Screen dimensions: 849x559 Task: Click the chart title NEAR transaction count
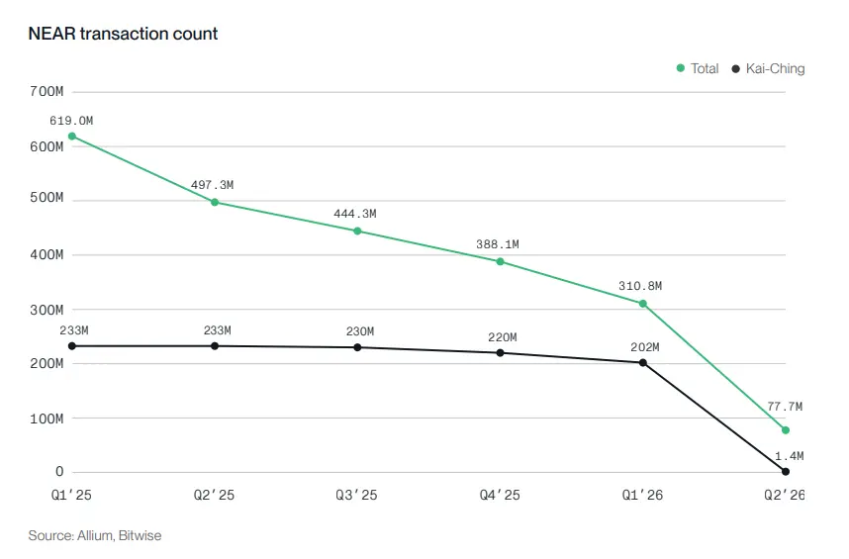click(x=123, y=34)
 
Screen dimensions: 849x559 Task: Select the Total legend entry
click(x=698, y=68)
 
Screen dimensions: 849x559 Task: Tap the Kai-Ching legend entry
click(x=768, y=68)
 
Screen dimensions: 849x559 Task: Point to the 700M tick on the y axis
click(x=47, y=91)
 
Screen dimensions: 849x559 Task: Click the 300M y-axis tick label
click(x=47, y=310)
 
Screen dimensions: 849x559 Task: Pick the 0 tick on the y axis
click(x=59, y=472)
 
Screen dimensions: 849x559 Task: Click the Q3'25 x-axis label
click(x=356, y=495)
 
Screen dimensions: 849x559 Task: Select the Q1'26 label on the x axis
click(x=642, y=495)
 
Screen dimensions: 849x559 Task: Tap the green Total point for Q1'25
click(x=72, y=137)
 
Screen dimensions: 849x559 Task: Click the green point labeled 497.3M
click(x=215, y=203)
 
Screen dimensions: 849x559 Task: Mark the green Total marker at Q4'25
click(x=501, y=262)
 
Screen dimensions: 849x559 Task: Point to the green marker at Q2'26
click(x=786, y=430)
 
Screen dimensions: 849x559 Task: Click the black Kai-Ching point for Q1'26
click(x=643, y=362)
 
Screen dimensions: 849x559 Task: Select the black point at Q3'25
click(x=357, y=347)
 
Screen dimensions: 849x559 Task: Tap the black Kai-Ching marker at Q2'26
click(x=786, y=472)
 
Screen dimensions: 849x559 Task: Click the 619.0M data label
click(x=71, y=121)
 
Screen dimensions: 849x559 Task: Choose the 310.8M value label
click(x=640, y=286)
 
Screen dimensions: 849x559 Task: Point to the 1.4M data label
click(x=790, y=456)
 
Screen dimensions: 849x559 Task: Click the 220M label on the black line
click(x=503, y=337)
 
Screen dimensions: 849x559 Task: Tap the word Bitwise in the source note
click(x=140, y=535)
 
